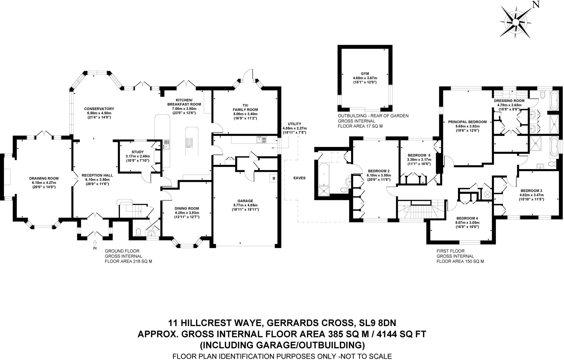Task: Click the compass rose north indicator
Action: click(x=536, y=5)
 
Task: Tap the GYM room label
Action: click(x=365, y=74)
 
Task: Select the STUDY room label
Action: click(x=137, y=152)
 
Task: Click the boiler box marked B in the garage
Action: click(x=274, y=178)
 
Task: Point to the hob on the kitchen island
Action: click(x=190, y=142)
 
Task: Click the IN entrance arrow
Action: click(x=95, y=244)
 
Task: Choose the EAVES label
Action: click(x=299, y=178)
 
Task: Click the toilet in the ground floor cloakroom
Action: click(x=138, y=232)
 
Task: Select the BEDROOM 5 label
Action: click(x=419, y=155)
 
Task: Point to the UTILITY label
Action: click(x=294, y=124)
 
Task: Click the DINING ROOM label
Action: click(x=187, y=209)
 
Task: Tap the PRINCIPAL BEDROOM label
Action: click(x=467, y=122)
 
